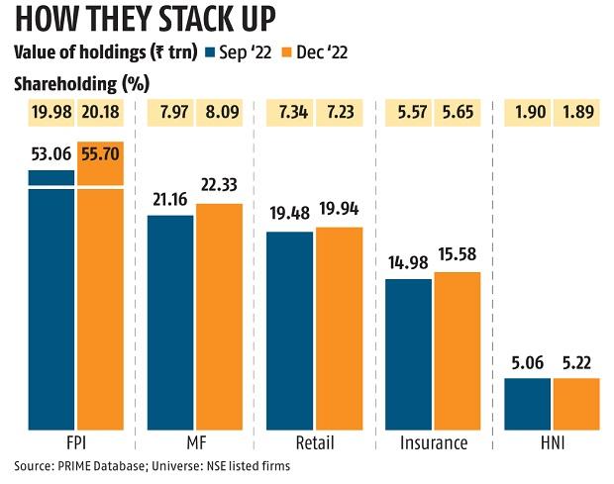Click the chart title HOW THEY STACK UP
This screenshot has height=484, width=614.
click(x=146, y=21)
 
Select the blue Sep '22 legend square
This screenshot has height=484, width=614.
click(x=211, y=51)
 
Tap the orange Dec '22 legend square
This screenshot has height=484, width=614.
click(x=287, y=51)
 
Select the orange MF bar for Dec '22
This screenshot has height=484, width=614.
click(x=219, y=317)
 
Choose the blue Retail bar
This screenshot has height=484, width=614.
click(x=290, y=332)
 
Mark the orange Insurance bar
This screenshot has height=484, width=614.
click(x=457, y=351)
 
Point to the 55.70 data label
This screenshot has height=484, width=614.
click(x=99, y=155)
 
